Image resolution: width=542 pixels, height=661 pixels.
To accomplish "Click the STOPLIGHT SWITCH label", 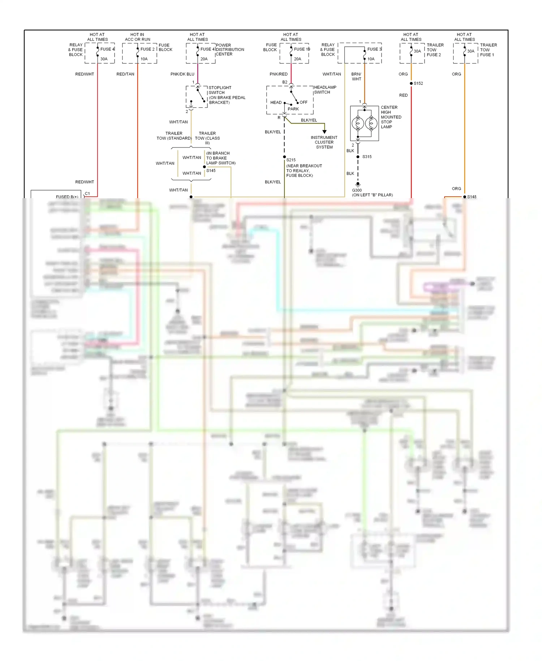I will tap(220, 90).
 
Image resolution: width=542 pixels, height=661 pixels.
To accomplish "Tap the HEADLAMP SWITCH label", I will tap(325, 90).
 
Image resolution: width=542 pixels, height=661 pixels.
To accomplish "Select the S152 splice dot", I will tap(411, 84).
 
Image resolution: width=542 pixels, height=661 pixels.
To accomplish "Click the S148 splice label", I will tap(472, 197).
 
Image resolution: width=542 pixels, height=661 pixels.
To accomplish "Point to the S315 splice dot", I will tap(358, 157).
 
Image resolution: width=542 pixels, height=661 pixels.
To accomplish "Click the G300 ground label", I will tap(357, 190).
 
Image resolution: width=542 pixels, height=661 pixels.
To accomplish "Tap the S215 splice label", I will tap(291, 160).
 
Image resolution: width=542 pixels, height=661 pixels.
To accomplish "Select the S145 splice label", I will tap(211, 171).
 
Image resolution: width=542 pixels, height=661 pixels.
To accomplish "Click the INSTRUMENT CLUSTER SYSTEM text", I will tap(324, 142).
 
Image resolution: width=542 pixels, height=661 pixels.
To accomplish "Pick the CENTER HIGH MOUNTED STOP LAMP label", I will tap(391, 117).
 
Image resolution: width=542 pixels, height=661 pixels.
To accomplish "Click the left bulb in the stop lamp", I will tap(358, 124).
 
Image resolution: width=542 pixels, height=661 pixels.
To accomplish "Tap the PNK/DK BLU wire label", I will tap(182, 74).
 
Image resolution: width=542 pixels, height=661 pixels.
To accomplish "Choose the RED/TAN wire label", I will tap(125, 74).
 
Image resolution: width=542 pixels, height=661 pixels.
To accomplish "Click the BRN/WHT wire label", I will tap(356, 76).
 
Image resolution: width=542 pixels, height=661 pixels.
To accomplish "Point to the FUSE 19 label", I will tap(302, 49).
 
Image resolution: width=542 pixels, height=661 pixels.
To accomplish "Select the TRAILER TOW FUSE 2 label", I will tap(435, 50).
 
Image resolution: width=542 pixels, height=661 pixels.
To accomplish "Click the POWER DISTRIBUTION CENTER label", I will tap(230, 50).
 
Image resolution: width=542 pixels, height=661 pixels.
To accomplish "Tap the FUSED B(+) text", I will tap(67, 197).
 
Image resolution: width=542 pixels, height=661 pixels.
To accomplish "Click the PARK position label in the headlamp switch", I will tap(293, 109).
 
